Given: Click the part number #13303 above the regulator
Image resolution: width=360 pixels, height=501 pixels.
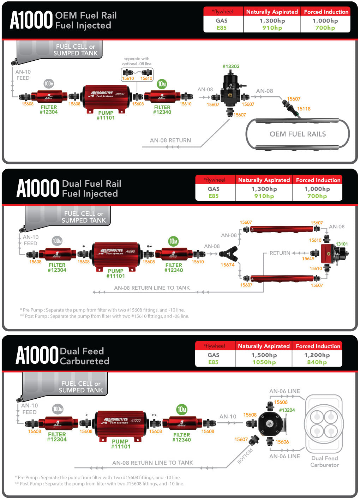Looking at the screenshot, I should pos(231,66).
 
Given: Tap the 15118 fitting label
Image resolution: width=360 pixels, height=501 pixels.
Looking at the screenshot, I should pos(304,109).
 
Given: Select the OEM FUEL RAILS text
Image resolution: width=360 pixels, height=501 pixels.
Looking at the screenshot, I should pos(298,134).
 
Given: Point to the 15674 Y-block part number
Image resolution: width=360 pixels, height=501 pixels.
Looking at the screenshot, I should pos(227,265).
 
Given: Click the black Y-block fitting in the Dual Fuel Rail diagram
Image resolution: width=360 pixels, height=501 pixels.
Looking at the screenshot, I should pos(228,254).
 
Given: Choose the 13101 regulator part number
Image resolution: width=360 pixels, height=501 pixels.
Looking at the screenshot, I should pos(342,244).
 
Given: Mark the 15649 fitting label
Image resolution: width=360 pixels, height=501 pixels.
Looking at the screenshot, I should pos(308,259).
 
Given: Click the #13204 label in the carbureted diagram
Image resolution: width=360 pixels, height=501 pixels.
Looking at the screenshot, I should pos(287,410).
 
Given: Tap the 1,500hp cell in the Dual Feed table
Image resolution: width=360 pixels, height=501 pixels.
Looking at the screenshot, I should pos(264,355).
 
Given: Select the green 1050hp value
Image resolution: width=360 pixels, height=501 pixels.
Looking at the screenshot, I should pos(264,362).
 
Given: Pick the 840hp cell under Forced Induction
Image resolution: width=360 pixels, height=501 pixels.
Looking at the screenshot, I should pos(317,362).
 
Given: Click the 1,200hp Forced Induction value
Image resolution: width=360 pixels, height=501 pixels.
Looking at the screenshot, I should pos(317,355).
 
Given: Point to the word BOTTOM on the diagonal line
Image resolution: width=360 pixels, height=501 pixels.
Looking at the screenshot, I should pos(245,456).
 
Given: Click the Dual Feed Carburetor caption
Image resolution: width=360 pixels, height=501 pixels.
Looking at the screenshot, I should pos(324,461).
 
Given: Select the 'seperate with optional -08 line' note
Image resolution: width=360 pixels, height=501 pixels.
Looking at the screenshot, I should pos(137,61).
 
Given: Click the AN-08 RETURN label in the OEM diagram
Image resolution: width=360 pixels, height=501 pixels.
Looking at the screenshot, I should pos(170,140).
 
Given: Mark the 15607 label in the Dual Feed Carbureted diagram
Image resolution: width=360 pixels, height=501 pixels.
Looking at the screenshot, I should pos(241,439).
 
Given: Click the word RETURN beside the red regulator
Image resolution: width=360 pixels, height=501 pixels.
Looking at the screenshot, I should pos(280,253).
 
